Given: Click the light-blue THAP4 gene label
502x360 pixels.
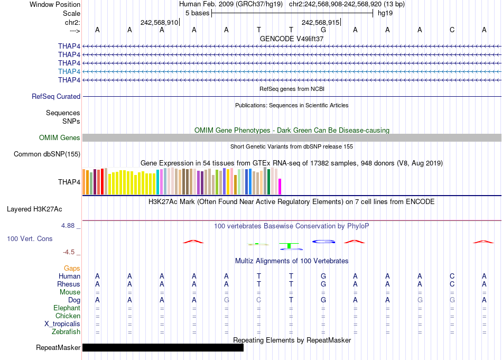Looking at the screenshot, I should click(x=69, y=71).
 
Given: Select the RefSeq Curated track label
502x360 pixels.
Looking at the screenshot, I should click(x=56, y=96).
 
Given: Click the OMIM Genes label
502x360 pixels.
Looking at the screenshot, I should click(x=60, y=137).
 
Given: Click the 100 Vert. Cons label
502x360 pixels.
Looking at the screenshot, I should click(x=30, y=239).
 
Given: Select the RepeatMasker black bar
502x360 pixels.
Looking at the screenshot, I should click(x=163, y=347).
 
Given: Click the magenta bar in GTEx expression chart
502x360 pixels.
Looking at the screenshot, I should click(x=280, y=187).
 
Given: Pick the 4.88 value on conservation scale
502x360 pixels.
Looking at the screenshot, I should click(x=69, y=226).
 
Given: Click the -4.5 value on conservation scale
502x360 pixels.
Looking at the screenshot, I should click(x=70, y=252).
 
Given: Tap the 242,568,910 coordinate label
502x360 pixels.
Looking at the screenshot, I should click(x=159, y=22).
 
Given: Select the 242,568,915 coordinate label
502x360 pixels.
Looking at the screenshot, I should click(x=320, y=22).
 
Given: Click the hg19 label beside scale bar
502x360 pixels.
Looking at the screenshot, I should click(x=385, y=13).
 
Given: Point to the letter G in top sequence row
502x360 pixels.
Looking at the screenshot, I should click(x=323, y=30).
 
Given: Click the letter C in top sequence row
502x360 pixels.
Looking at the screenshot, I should click(x=452, y=30).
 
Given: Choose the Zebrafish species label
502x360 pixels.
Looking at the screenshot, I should click(x=66, y=332).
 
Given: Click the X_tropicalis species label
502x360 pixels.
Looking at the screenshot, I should click(x=62, y=324).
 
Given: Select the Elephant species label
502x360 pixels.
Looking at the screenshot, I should click(x=67, y=308).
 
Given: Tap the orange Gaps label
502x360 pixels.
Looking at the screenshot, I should click(x=72, y=269).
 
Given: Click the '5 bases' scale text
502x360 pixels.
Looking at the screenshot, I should click(x=197, y=13).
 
